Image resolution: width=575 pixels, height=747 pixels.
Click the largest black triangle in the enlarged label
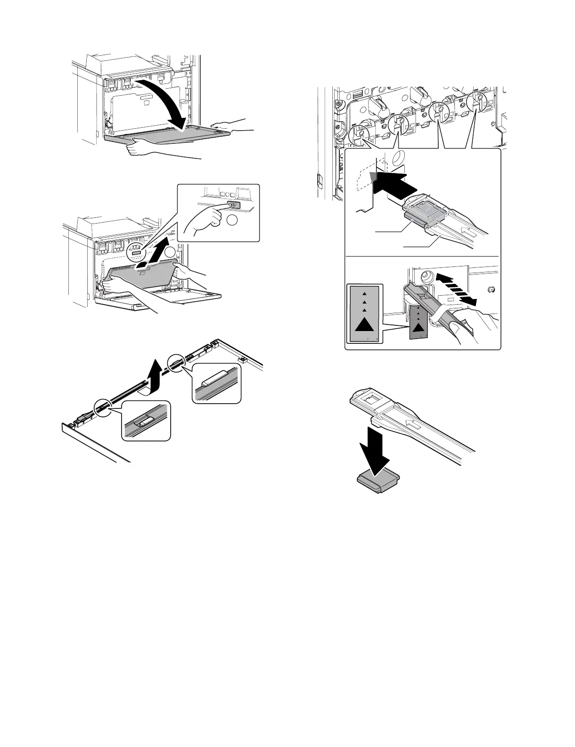tap(364, 325)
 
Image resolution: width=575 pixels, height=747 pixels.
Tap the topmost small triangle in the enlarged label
tap(364, 294)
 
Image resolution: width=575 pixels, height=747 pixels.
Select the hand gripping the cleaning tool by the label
tap(460, 325)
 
